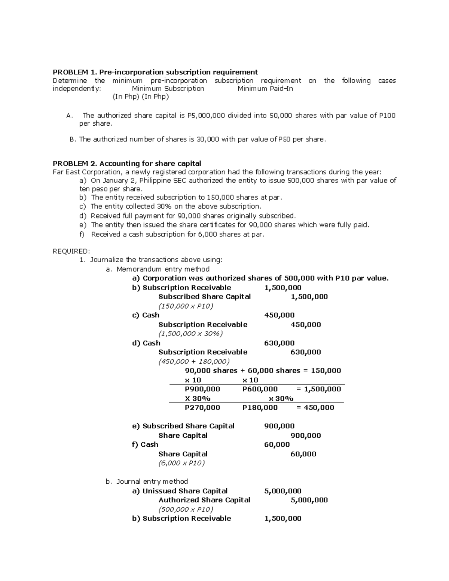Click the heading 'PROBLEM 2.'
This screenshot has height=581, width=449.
click(75, 163)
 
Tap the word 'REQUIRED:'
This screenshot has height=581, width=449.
click(71, 251)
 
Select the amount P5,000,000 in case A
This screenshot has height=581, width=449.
click(206, 116)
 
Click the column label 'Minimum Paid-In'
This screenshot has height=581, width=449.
click(265, 89)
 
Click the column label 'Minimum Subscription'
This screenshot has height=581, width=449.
click(168, 89)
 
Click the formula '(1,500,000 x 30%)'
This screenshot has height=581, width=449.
click(190, 334)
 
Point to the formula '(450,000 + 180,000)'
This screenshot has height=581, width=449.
click(194, 361)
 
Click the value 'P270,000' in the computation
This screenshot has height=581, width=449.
click(202, 407)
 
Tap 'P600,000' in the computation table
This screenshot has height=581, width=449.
click(260, 389)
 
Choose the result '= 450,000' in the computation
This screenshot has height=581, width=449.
click(315, 407)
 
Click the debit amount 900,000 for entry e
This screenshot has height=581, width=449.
click(279, 426)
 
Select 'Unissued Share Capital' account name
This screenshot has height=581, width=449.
click(185, 491)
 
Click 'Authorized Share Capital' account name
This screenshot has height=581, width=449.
click(204, 500)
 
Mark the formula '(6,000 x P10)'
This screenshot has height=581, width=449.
click(181, 463)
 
